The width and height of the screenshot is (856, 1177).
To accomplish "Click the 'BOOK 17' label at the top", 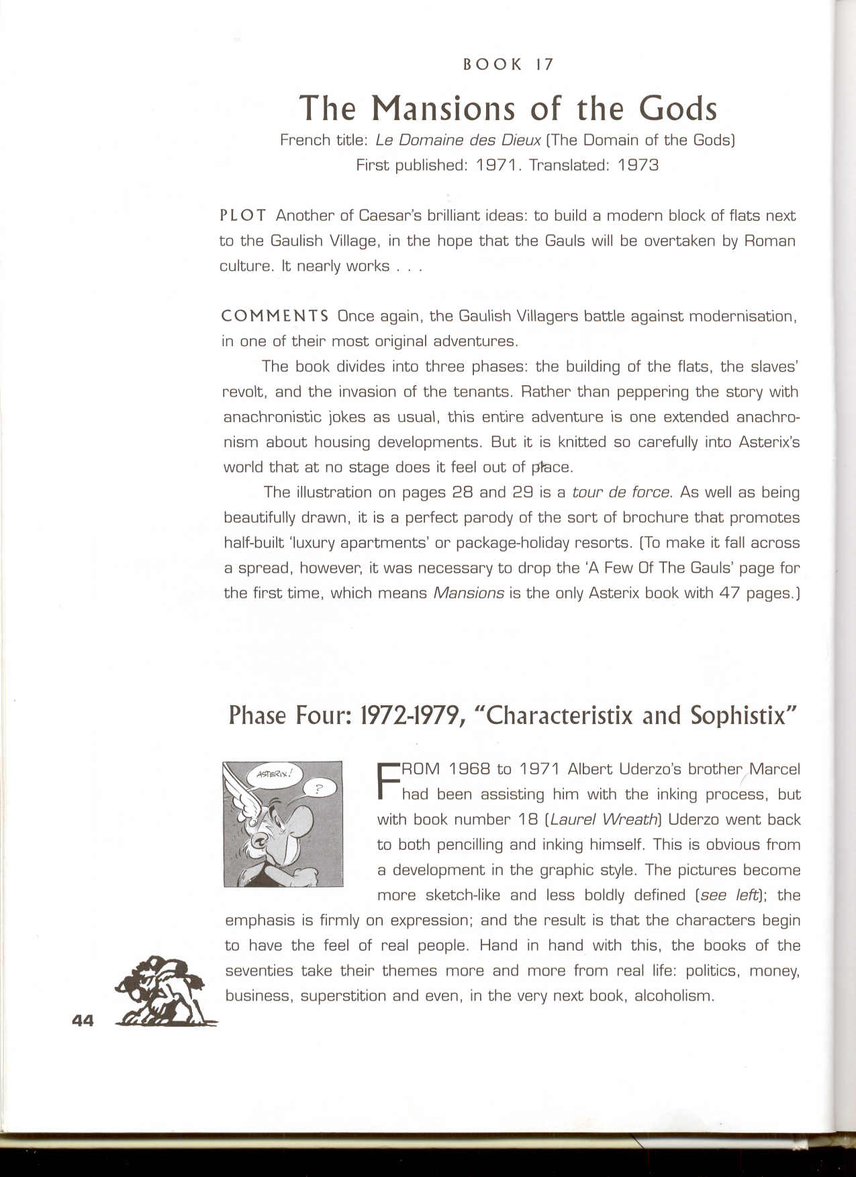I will (x=508, y=64).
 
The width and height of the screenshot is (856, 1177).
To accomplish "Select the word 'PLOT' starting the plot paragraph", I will (x=243, y=215).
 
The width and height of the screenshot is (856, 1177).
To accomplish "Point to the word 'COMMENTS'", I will (x=275, y=316).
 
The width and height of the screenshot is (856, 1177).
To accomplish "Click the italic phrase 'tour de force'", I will (x=621, y=493).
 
